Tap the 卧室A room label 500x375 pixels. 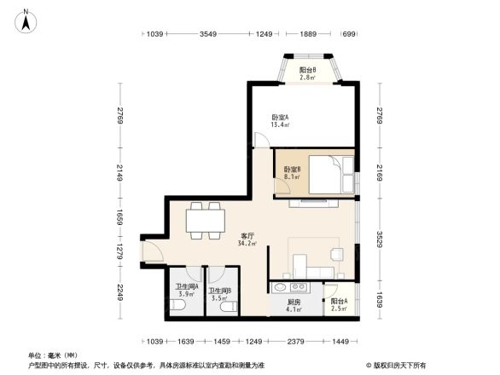click(x=280, y=121)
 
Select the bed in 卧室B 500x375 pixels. click(x=325, y=176)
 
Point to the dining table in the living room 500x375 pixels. click(x=204, y=221)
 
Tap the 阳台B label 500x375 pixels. click(x=308, y=73)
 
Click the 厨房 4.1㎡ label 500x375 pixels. click(x=294, y=306)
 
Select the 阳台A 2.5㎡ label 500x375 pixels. click(x=339, y=306)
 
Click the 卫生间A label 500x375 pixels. click(x=187, y=291)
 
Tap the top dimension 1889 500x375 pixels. click(x=308, y=34)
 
